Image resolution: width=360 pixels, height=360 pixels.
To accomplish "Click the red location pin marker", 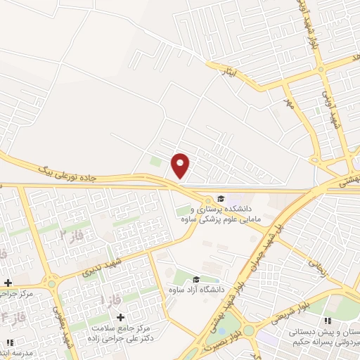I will [181, 165].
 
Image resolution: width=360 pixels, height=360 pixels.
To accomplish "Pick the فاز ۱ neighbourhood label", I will [111, 300].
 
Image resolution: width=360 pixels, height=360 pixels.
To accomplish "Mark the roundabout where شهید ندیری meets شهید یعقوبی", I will [51, 283].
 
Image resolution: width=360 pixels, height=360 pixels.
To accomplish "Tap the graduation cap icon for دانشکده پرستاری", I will [221, 198].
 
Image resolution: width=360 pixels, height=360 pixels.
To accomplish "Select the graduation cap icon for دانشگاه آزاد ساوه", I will [195, 279].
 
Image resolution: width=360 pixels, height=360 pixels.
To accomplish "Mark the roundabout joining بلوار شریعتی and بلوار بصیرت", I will [248, 330].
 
